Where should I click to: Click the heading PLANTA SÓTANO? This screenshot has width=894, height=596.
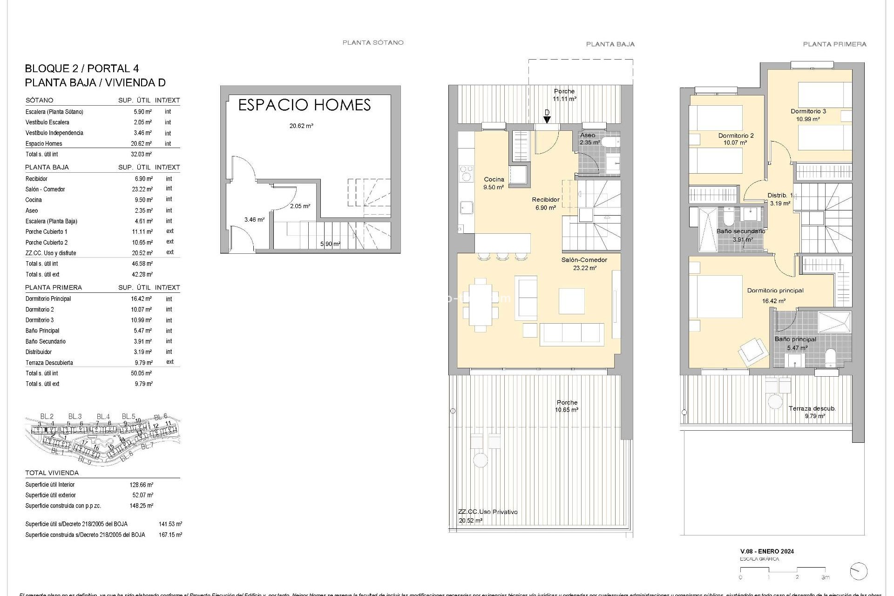click(x=373, y=42)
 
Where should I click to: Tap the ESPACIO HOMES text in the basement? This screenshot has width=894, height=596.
click(x=304, y=105)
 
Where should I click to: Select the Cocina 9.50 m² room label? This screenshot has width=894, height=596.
click(x=494, y=183)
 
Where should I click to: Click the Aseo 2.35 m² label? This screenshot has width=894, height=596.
click(x=588, y=138)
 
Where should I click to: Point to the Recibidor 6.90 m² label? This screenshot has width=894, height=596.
click(x=546, y=203)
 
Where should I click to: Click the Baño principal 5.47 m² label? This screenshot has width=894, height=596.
click(x=795, y=343)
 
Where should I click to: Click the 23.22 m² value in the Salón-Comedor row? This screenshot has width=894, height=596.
click(x=142, y=190)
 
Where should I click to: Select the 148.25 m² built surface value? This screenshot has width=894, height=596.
click(x=142, y=506)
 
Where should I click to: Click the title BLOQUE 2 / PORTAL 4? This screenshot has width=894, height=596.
click(x=82, y=69)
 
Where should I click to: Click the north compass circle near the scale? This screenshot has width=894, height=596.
click(x=858, y=571)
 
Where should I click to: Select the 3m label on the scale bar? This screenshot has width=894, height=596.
click(x=825, y=577)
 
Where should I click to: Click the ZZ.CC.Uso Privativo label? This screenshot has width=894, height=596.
click(x=488, y=512)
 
